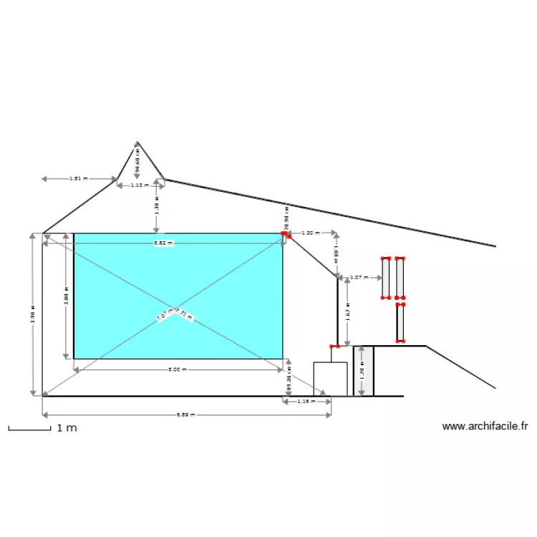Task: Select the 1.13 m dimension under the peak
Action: [136, 185]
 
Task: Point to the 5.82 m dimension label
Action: [163, 243]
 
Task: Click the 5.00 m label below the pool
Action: [177, 369]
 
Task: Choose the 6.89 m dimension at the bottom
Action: [185, 415]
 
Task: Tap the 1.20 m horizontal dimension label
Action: [310, 233]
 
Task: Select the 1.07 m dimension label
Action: [359, 277]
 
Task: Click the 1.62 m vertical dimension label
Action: [347, 314]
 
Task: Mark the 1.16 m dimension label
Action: [306, 402]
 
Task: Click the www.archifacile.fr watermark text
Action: [485, 427]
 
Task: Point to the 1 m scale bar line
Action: [29, 430]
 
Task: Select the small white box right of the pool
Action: [330, 378]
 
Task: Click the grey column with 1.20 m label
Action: [363, 371]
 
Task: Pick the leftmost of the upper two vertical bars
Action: [385, 278]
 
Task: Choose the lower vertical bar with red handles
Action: [400, 323]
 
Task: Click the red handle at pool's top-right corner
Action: [284, 233]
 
